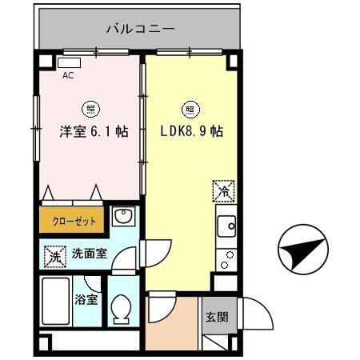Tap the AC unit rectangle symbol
tap(70, 62)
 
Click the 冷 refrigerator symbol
tap(224, 192)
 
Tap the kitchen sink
tap(226, 226)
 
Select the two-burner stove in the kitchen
tap(227, 258)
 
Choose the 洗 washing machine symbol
tap(53, 257)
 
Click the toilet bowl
tap(122, 308)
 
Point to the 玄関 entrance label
tap(216, 317)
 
